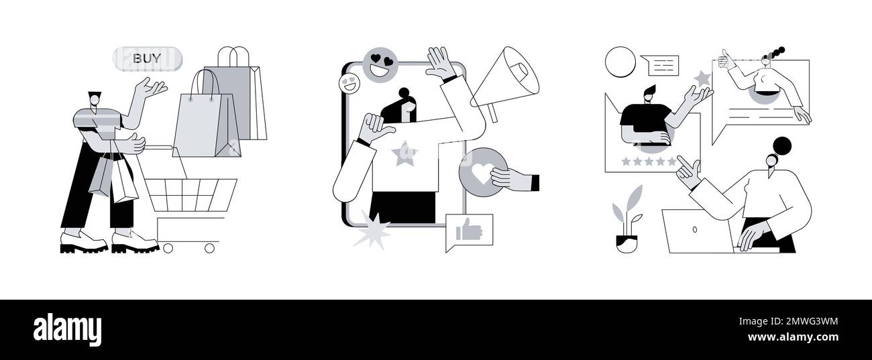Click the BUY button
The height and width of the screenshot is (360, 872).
pyautogui.click(x=147, y=58)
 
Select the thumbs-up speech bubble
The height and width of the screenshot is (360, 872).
pyautogui.click(x=469, y=232)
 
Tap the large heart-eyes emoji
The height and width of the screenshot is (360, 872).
pyautogui.click(x=380, y=65)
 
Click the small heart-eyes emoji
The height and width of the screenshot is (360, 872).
pyautogui.click(x=349, y=84)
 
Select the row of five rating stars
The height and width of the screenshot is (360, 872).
pyautogui.click(x=649, y=162)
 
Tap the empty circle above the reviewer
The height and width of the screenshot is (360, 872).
pyautogui.click(x=620, y=62)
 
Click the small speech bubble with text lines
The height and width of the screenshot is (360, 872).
pyautogui.click(x=659, y=65)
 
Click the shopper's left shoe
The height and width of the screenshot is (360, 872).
pyautogui.click(x=83, y=243)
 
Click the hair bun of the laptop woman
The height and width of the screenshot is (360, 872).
pyautogui.click(x=781, y=145)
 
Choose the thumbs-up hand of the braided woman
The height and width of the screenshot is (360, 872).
pyautogui.click(x=724, y=60)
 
